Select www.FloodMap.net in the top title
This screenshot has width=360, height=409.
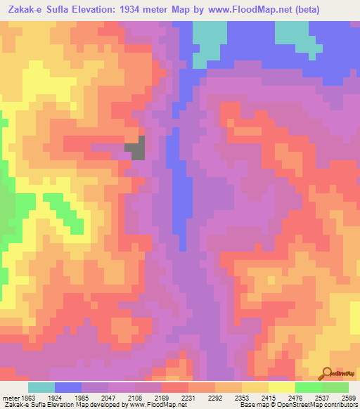pos(241,10)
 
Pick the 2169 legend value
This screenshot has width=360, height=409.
pos(161,397)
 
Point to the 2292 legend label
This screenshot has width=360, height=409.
pos(215,397)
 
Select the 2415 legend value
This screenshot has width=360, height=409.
pos(269,397)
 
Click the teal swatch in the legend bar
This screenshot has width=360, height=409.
pos(41,387)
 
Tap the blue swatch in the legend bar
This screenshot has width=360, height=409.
pos(68,387)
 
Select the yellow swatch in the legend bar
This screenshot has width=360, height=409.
pos(282,387)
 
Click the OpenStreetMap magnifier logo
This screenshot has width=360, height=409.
pos(327,372)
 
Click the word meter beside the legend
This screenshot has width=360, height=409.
pos(10,397)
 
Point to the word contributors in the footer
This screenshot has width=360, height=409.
pos(341,405)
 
